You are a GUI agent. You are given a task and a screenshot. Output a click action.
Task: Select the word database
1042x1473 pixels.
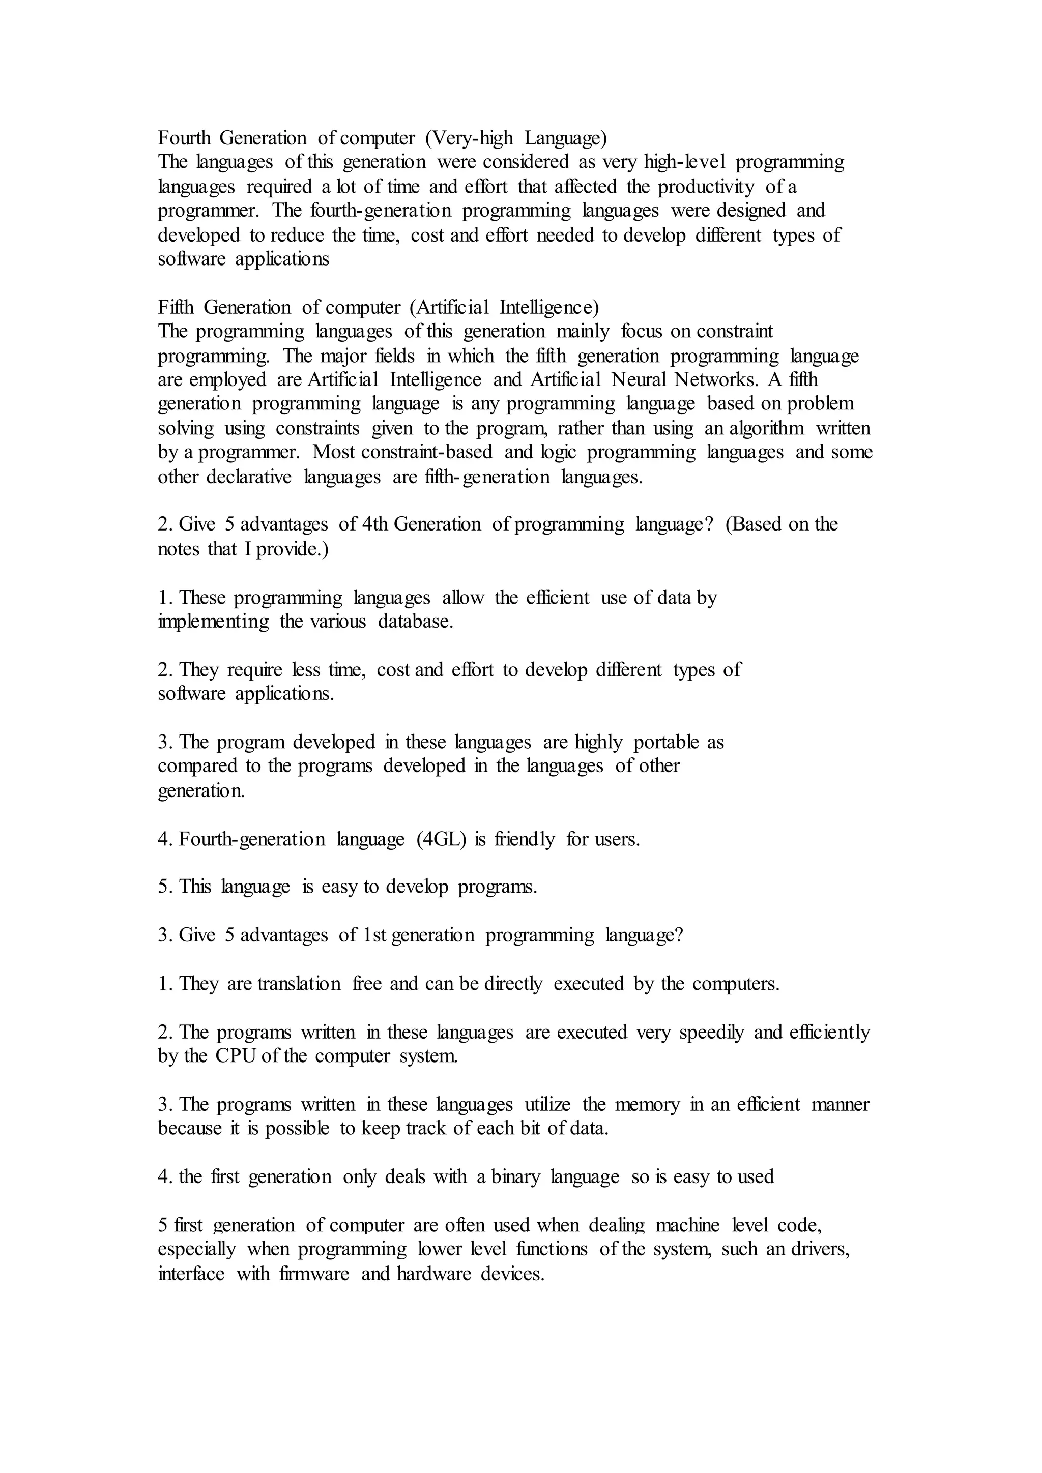click(x=415, y=622)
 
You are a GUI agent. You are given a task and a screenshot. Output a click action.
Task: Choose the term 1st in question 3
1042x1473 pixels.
click(x=374, y=935)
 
